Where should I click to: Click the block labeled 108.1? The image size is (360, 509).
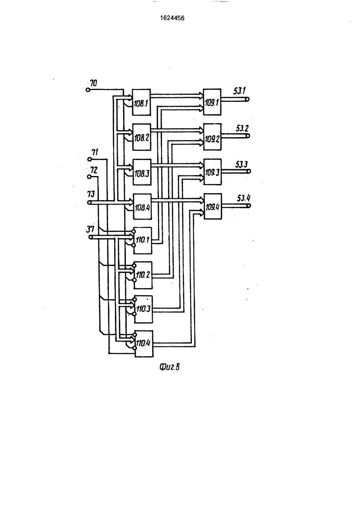coord(141,102)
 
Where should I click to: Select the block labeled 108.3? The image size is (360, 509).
coord(142,172)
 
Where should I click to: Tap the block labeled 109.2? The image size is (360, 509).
coord(212,137)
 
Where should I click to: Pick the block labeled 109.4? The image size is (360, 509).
coord(213,206)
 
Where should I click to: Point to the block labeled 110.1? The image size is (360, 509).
coord(143,240)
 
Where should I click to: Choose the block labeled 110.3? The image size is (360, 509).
coord(143,309)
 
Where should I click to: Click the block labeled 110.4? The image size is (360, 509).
coord(144,343)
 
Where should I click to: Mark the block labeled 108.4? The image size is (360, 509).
coord(142,207)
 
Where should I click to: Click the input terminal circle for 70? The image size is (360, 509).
coord(87,90)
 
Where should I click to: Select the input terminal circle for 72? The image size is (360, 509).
coord(89,176)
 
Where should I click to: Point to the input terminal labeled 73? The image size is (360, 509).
coord(90,202)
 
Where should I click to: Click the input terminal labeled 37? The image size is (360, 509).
coord(90,237)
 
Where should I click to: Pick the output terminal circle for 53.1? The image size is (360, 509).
coord(247,99)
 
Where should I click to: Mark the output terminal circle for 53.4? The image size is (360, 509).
coord(249,206)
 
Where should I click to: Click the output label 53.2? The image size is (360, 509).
coord(242,129)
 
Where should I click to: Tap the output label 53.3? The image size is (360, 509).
coord(241,164)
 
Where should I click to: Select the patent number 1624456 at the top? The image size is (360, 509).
coord(172,18)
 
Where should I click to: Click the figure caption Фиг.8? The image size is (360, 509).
coord(170,367)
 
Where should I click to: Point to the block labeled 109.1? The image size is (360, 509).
coord(212,102)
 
